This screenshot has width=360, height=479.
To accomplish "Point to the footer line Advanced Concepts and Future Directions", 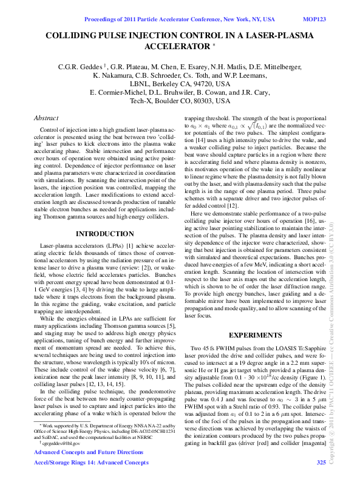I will (x=89, y=453).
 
